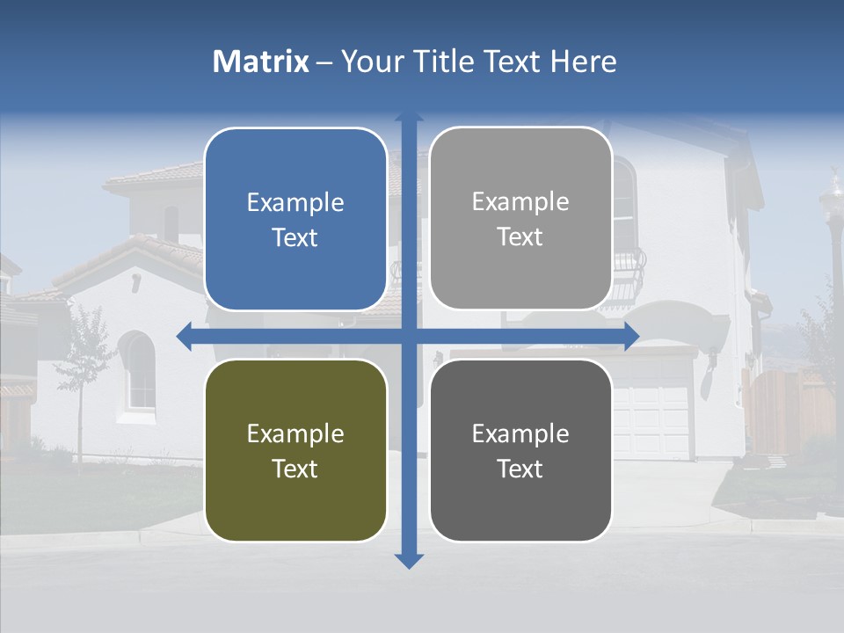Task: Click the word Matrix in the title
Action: (x=261, y=62)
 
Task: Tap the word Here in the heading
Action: (x=583, y=62)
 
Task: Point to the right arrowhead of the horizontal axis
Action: (x=631, y=336)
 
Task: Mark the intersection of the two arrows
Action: (x=409, y=336)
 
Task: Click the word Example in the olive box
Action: (x=295, y=433)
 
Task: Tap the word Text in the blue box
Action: (x=295, y=237)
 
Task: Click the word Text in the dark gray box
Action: (x=520, y=469)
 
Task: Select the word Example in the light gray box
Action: (x=520, y=201)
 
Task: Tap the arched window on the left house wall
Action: (x=139, y=371)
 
